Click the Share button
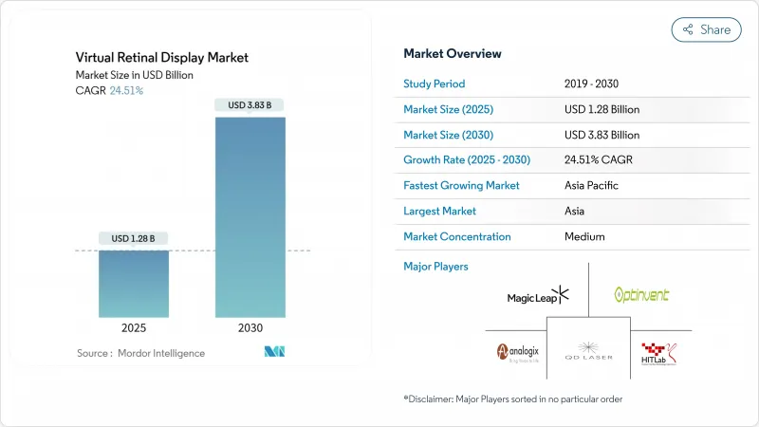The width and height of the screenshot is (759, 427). point(706,29)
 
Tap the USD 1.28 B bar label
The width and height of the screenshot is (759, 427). point(134,237)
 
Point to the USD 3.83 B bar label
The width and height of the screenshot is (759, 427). point(250,104)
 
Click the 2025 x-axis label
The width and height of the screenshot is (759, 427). point(134,326)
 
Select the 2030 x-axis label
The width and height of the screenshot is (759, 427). point(250,326)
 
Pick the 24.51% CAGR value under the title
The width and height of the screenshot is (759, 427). point(125,90)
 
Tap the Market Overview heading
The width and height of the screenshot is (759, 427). point(453,53)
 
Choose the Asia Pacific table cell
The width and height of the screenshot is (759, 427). point(593,186)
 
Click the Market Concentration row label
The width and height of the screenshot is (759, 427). point(457,236)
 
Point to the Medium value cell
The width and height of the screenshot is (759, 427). point(585,236)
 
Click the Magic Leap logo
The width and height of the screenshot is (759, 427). point(538,296)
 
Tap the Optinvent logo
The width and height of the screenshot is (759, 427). point(641,295)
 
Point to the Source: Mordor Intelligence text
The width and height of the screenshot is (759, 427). point(140,353)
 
